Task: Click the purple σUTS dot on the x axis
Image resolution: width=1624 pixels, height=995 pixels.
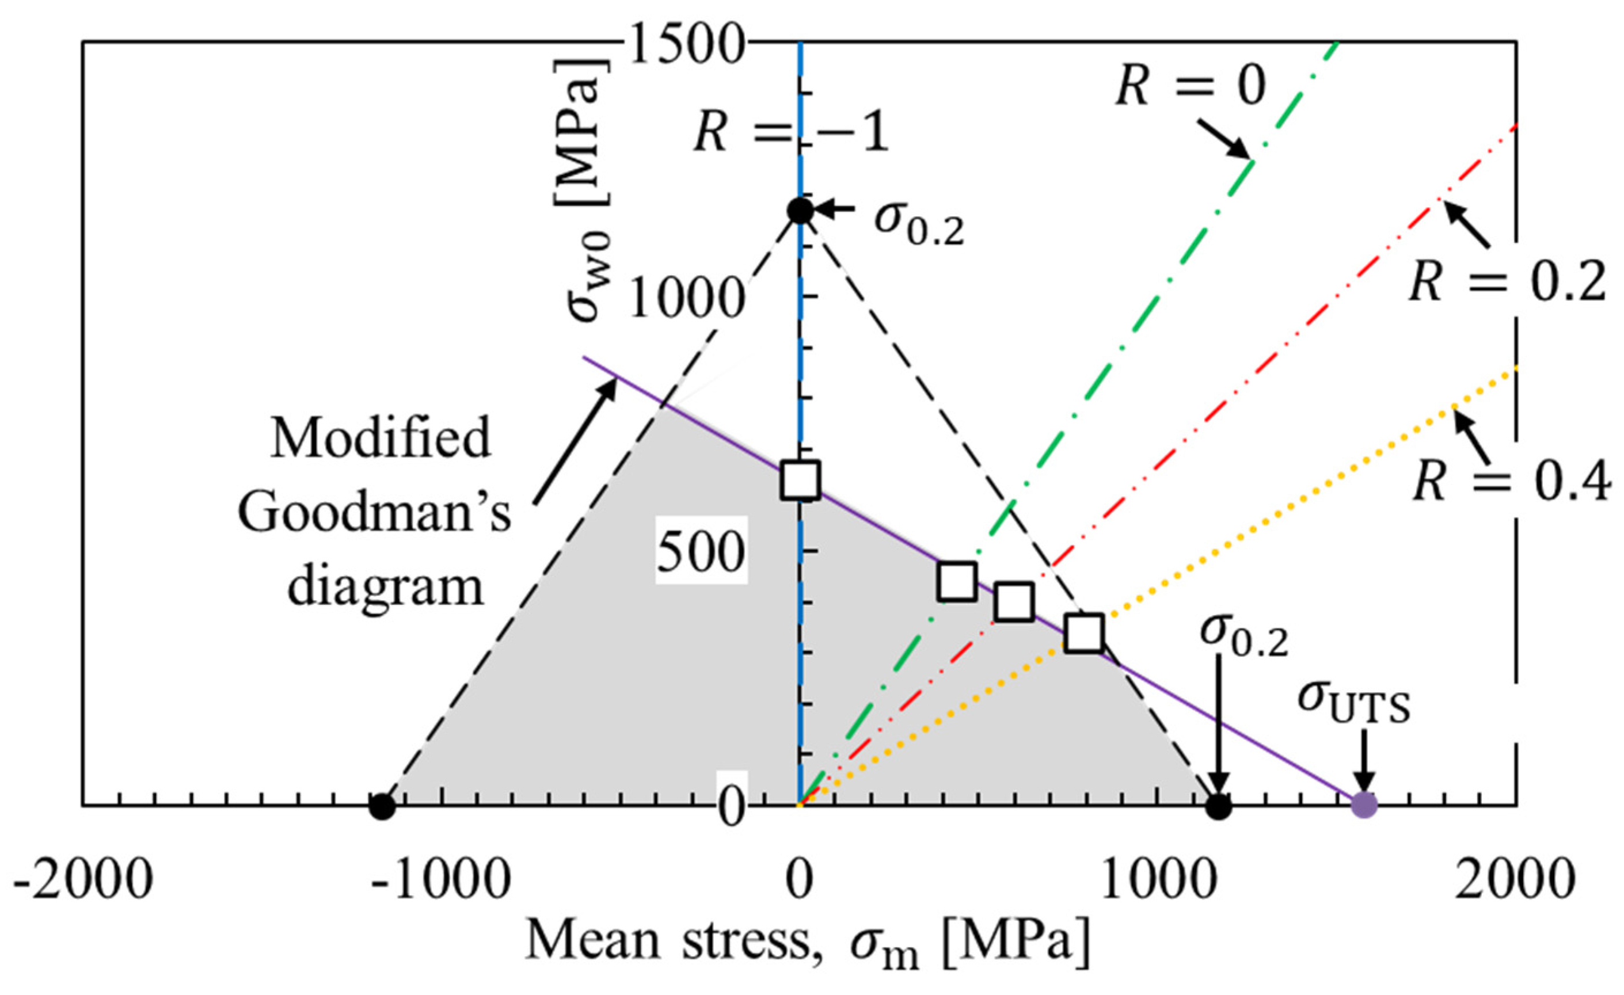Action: point(1364,805)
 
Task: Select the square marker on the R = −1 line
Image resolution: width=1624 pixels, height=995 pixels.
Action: point(800,481)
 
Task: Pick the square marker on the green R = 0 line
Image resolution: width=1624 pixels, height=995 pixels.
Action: point(956,582)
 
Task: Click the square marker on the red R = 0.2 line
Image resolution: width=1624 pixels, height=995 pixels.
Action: point(1014,601)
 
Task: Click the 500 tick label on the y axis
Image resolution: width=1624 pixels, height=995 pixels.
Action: point(701,550)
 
